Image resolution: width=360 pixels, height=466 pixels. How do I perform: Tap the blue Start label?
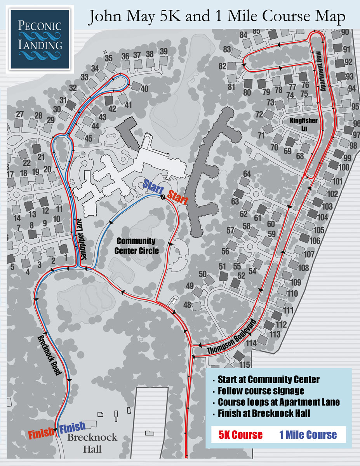coord(153,185)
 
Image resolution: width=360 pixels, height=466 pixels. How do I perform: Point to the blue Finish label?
coord(73,428)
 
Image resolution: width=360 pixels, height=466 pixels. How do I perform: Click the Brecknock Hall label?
coord(92,443)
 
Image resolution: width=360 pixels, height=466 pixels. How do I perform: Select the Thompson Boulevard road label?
coord(232,337)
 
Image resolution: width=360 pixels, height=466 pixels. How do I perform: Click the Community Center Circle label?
coord(136,246)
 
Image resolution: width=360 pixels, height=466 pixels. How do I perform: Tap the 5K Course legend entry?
coord(240,434)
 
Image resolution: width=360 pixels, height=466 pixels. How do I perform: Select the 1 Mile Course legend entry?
coord(308,434)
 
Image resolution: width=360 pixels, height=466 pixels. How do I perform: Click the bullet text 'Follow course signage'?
coord(261,390)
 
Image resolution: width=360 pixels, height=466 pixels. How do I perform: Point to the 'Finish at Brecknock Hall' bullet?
coord(264,413)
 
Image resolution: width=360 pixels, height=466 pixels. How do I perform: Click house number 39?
coord(163,51)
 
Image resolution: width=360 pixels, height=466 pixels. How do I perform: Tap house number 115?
coord(244,365)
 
